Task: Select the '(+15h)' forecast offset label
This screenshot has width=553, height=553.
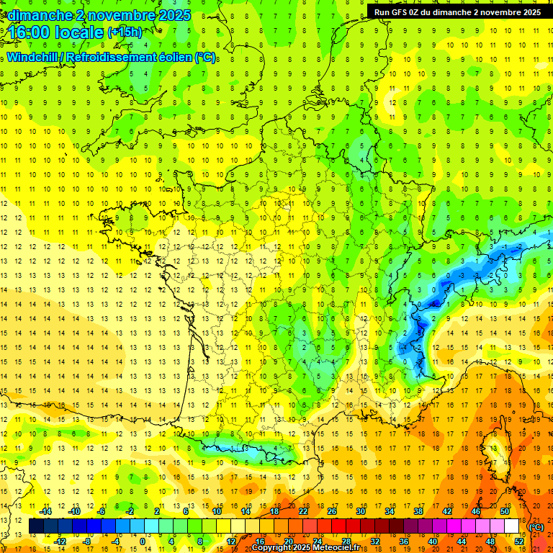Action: tap(125, 32)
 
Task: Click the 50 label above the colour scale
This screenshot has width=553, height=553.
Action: tap(504, 511)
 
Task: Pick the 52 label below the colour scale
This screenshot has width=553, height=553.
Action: tap(518, 541)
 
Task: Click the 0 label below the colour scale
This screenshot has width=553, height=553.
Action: tap(143, 541)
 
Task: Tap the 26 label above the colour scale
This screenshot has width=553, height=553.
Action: tap(332, 511)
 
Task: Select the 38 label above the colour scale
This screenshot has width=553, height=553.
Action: tap(418, 511)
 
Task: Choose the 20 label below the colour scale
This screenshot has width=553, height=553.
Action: tap(289, 541)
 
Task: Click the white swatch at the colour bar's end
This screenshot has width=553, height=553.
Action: tap(512, 526)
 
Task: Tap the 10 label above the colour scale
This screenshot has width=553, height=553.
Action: tap(217, 511)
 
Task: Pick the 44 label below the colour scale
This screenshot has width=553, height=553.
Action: tap(461, 541)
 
